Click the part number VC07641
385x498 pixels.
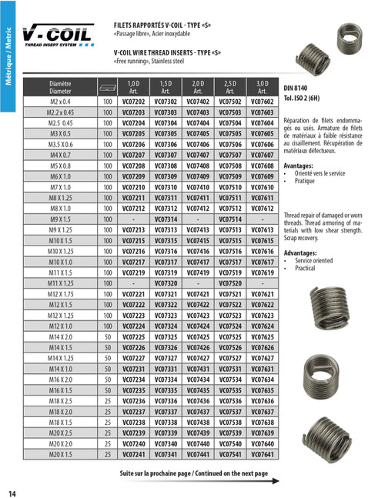pos(262,454)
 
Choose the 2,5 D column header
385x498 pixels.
pos(229,86)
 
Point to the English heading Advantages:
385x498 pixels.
pos(300,252)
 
